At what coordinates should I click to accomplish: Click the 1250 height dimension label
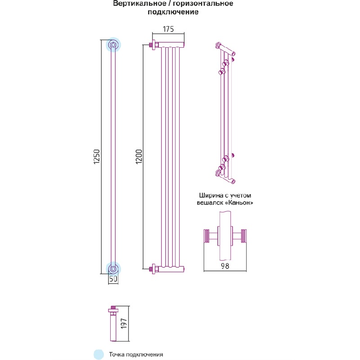coord(96,157)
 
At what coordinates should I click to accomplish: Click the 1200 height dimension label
coord(139,157)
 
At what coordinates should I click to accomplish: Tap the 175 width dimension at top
coord(168,29)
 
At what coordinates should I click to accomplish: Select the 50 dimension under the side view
coord(113,279)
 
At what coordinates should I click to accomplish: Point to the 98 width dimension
coord(225,266)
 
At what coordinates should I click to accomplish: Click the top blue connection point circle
coord(113,45)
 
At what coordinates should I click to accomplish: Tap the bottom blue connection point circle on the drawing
coord(113,268)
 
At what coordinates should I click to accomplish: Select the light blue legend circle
coord(99,354)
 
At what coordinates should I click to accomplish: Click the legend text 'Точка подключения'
coord(135,355)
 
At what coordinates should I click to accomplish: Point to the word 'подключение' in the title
coord(173,13)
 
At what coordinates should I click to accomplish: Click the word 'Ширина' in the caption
coord(210,196)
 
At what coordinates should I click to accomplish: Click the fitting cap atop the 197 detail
coord(112,310)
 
